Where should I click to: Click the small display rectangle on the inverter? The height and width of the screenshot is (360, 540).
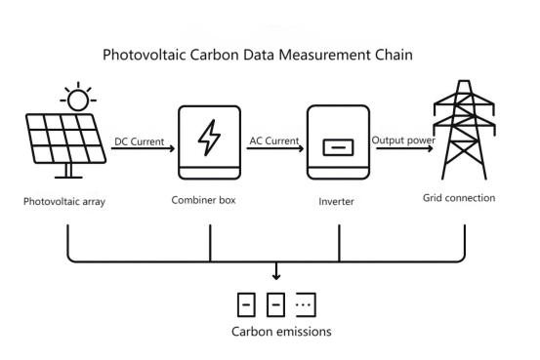(338, 150)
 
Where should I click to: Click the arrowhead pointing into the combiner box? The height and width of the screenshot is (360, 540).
(173, 150)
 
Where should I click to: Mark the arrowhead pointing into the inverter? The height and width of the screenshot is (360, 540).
(302, 150)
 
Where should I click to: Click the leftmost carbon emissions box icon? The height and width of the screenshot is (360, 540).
(248, 303)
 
